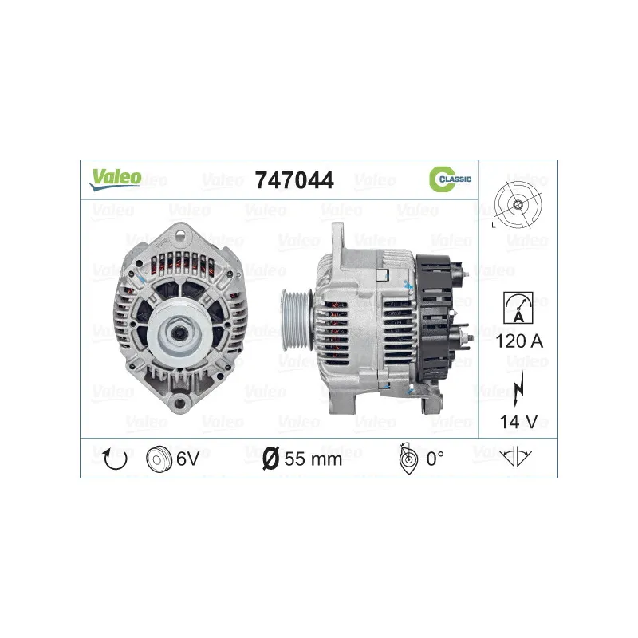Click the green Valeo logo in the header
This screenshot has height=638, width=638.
pos(115,179)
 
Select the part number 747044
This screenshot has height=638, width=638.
pos(294,180)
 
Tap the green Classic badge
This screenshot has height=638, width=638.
pos(450,179)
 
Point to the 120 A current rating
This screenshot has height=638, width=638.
pos(519,341)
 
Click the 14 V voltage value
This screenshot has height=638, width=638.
pos(518,422)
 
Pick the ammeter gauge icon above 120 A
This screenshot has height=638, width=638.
pos(518,308)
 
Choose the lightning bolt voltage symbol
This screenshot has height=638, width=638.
pos(518,389)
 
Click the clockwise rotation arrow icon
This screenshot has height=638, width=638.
pos(116,459)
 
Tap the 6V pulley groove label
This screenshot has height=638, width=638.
pos(187,459)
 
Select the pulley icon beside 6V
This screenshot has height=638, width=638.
pos(159,459)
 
